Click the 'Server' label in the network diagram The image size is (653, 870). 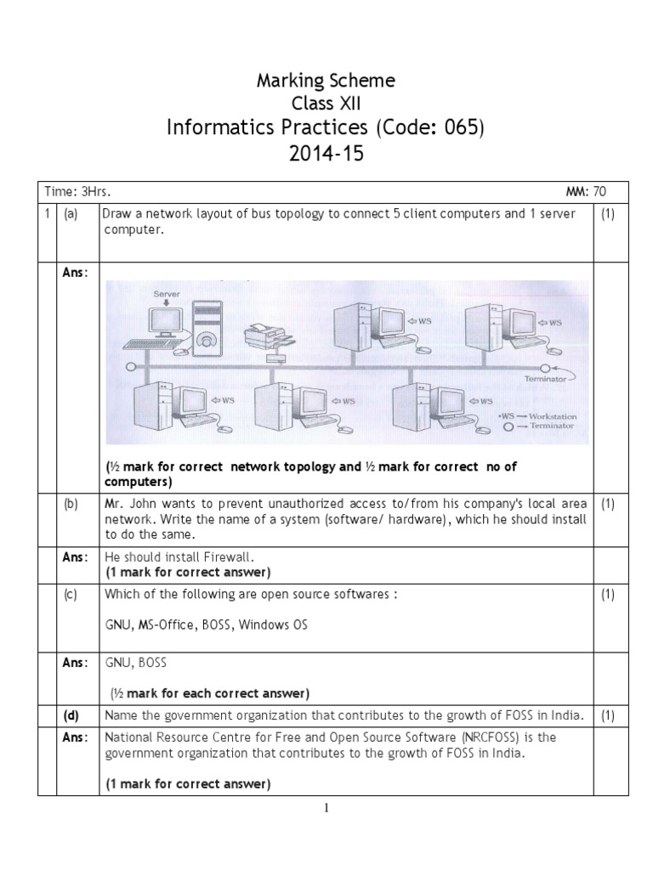(167, 294)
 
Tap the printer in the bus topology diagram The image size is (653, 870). (269, 336)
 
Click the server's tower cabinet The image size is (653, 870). (207, 328)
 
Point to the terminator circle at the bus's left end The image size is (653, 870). (131, 367)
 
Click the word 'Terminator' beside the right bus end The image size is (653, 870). (545, 379)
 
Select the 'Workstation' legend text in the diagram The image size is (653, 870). (553, 416)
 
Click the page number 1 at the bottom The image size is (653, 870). (326, 808)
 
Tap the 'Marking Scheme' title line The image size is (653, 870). (326, 81)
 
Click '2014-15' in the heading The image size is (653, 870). (326, 153)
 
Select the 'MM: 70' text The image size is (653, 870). (586, 192)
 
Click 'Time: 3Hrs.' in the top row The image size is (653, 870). (77, 192)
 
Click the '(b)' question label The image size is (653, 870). (71, 504)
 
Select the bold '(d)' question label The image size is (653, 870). (71, 715)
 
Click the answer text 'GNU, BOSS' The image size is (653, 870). (136, 663)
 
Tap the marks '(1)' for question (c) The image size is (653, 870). (608, 594)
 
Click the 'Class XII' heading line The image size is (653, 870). (326, 103)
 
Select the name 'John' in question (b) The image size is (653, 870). (144, 504)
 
